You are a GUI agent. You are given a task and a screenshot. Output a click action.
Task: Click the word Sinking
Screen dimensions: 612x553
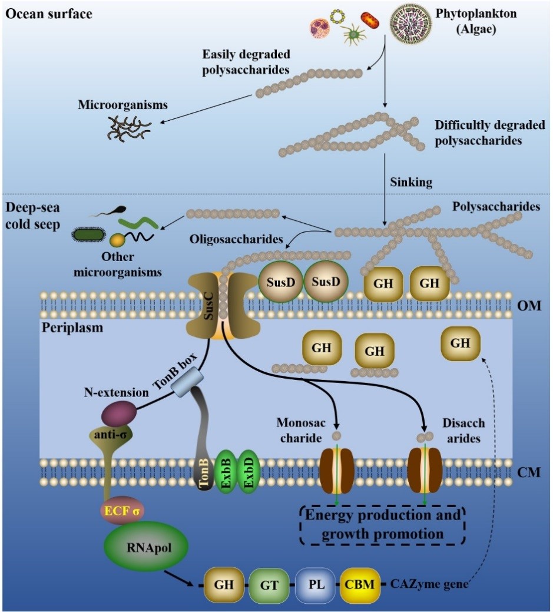point(411,183)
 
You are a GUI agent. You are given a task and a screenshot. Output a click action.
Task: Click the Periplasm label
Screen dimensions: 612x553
point(72,327)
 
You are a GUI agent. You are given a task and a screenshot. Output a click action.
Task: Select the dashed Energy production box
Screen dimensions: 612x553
point(381,524)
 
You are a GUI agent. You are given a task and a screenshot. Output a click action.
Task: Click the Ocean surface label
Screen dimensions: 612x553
point(49,13)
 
